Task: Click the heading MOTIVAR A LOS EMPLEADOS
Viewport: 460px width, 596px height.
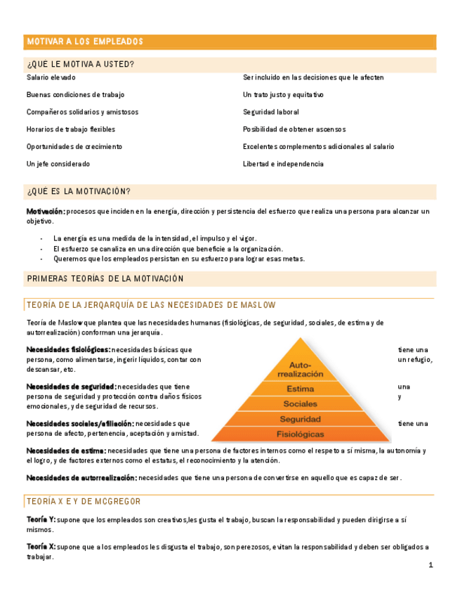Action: pos(85,42)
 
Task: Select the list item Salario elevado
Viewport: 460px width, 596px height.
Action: pos(51,77)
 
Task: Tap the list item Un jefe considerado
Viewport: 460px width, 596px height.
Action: pos(58,164)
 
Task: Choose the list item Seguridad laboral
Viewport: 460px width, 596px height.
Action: pos(271,112)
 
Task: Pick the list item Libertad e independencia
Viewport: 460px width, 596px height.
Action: pos(283,164)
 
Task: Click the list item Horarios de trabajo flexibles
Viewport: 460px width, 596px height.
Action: pos(71,129)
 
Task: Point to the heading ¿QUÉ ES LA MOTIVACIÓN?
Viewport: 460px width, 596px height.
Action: pos(79,192)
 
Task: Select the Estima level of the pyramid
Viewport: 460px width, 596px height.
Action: pos(301,389)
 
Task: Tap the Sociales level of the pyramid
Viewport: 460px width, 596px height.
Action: pos(301,404)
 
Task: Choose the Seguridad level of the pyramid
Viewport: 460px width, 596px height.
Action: pos(301,419)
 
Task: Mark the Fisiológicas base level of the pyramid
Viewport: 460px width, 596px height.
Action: pos(301,434)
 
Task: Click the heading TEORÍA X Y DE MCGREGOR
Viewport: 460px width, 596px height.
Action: pos(84,501)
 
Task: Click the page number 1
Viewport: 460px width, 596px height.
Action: pos(431,565)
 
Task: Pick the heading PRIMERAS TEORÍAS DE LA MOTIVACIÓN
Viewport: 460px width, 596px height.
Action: pos(105,279)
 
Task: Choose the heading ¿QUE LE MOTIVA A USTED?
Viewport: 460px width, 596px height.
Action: pos(81,65)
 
